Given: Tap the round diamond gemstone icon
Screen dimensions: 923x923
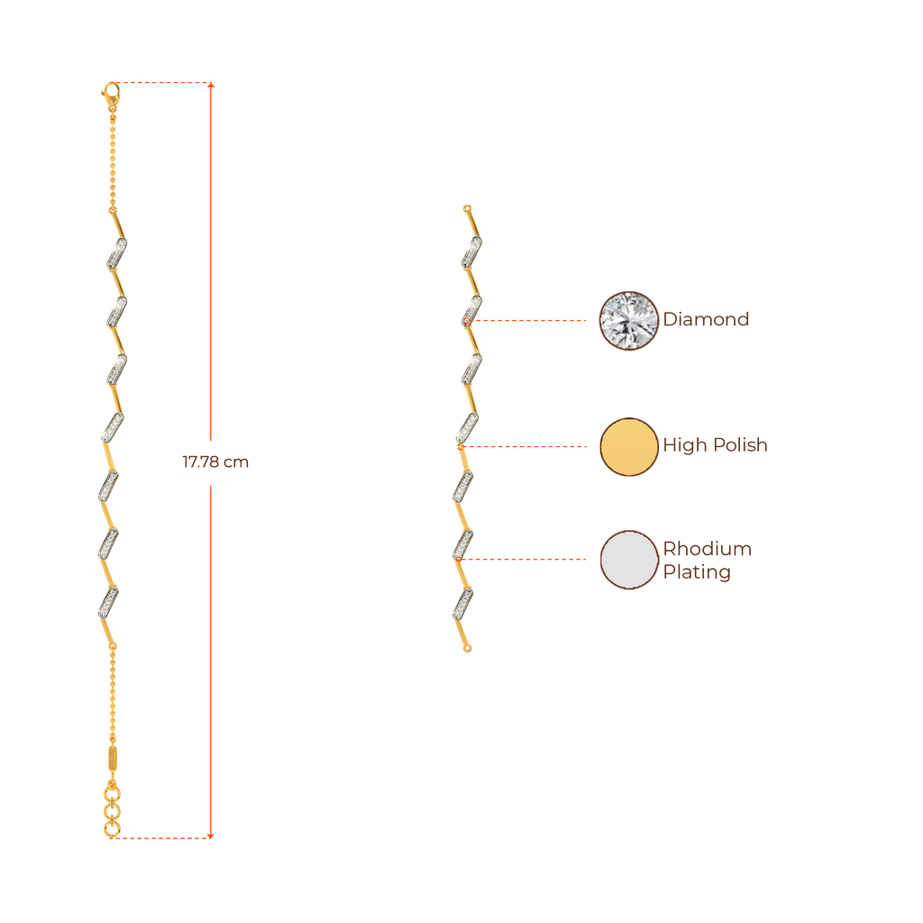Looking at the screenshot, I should [629, 320].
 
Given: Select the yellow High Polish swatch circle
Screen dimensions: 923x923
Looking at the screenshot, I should [629, 446].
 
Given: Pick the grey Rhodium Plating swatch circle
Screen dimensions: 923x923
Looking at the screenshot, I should [629, 560].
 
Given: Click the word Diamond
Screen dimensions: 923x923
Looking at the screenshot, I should [707, 320].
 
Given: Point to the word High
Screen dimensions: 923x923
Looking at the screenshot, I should [685, 445].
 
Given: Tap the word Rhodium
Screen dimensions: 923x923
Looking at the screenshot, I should [708, 549].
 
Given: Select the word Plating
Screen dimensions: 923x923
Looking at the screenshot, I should [697, 572].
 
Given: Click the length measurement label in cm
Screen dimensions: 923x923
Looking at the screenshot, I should [215, 462].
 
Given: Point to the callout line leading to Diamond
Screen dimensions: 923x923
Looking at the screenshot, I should [532, 320].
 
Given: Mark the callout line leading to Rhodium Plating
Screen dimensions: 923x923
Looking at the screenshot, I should [523, 559].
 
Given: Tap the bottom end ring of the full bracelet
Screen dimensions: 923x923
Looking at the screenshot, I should [112, 828].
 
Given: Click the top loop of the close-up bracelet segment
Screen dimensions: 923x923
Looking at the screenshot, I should [467, 208].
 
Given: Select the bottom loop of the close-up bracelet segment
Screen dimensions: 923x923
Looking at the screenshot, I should [467, 648].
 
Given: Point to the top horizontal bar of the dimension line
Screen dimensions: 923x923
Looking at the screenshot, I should [168, 84].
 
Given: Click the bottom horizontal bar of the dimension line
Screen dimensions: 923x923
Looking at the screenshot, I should [168, 837].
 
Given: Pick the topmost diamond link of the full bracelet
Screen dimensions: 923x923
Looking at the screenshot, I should [116, 252].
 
